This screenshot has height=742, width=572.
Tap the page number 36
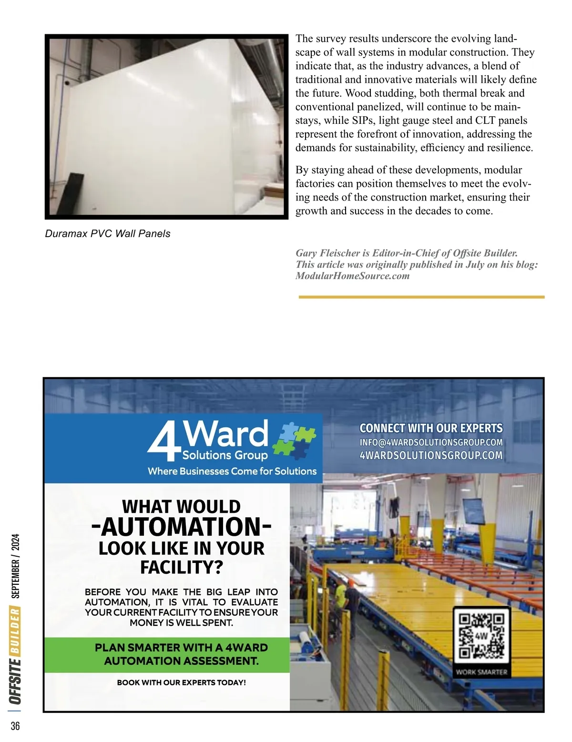click(15, 726)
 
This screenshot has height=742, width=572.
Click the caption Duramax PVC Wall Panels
click(107, 234)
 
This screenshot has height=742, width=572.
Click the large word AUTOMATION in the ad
click(181, 527)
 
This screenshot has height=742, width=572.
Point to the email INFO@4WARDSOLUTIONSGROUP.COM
click(431, 442)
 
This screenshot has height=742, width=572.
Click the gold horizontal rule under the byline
click(421, 297)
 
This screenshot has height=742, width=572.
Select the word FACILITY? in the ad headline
click(181, 568)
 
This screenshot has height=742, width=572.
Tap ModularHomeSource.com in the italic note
click(352, 276)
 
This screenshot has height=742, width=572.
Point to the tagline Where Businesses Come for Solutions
click(232, 471)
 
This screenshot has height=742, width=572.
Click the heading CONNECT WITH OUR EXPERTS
click(431, 428)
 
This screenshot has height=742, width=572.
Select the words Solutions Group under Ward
click(225, 455)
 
